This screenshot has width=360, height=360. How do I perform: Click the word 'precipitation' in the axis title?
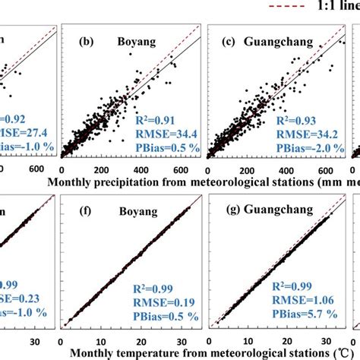pyautogui.click(x=134, y=183)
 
